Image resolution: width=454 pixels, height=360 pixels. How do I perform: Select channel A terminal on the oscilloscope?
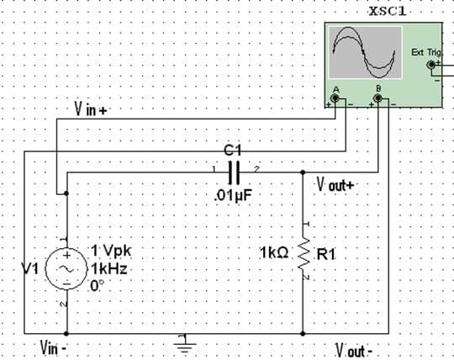tap(335, 99)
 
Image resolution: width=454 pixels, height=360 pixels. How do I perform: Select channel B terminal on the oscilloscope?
tap(378, 99)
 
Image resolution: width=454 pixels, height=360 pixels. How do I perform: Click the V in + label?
tap(87, 109)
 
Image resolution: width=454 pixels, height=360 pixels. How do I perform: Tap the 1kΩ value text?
tap(275, 252)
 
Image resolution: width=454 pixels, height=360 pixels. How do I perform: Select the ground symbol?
tap(183, 341)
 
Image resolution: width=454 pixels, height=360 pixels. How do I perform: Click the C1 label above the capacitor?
tap(234, 150)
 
